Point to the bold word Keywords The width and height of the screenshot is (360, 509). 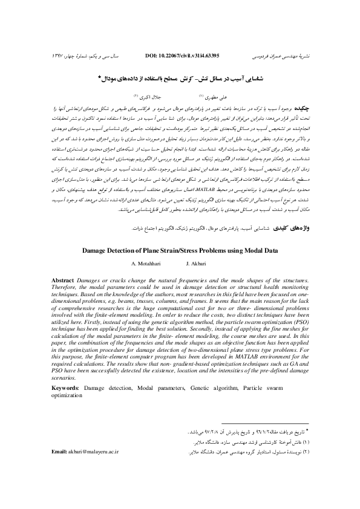pyautogui.click(x=65, y=385)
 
